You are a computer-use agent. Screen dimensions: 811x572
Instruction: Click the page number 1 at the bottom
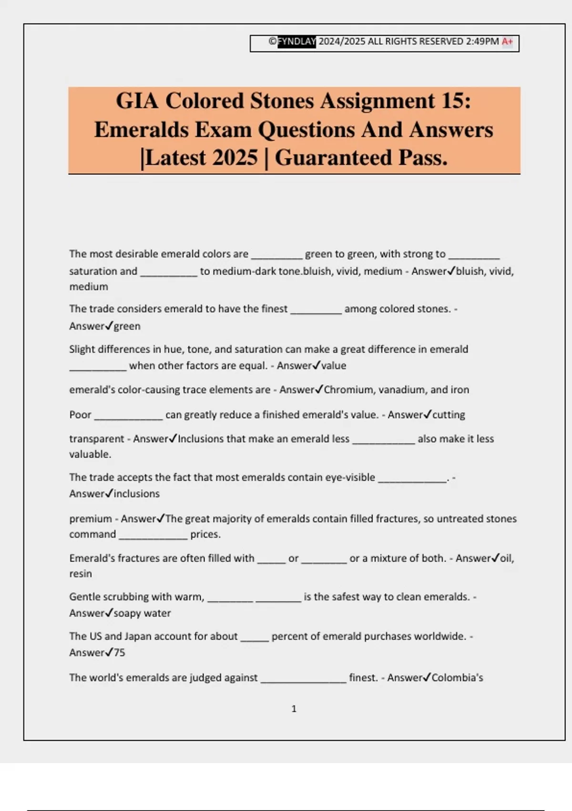click(294, 709)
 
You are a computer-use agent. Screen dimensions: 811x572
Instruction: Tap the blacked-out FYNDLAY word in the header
click(297, 42)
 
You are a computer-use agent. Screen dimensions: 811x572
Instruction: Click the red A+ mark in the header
click(507, 42)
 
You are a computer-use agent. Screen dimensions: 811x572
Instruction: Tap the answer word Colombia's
click(458, 677)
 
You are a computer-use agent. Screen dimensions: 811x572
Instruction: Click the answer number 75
click(119, 653)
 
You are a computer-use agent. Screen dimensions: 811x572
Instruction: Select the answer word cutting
click(449, 415)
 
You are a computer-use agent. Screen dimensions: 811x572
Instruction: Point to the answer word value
click(334, 366)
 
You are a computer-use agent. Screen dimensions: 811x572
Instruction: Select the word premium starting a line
click(91, 519)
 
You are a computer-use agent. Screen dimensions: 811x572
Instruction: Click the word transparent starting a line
click(97, 439)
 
